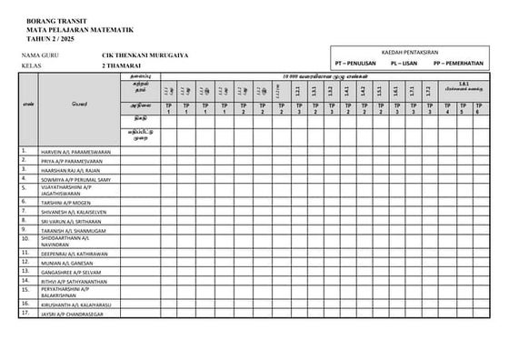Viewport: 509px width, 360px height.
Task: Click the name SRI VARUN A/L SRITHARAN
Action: (71, 221)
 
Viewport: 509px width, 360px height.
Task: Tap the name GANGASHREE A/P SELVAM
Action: (70, 272)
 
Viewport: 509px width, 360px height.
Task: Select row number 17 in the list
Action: (25, 313)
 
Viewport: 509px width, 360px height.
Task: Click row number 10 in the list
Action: (25, 239)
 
